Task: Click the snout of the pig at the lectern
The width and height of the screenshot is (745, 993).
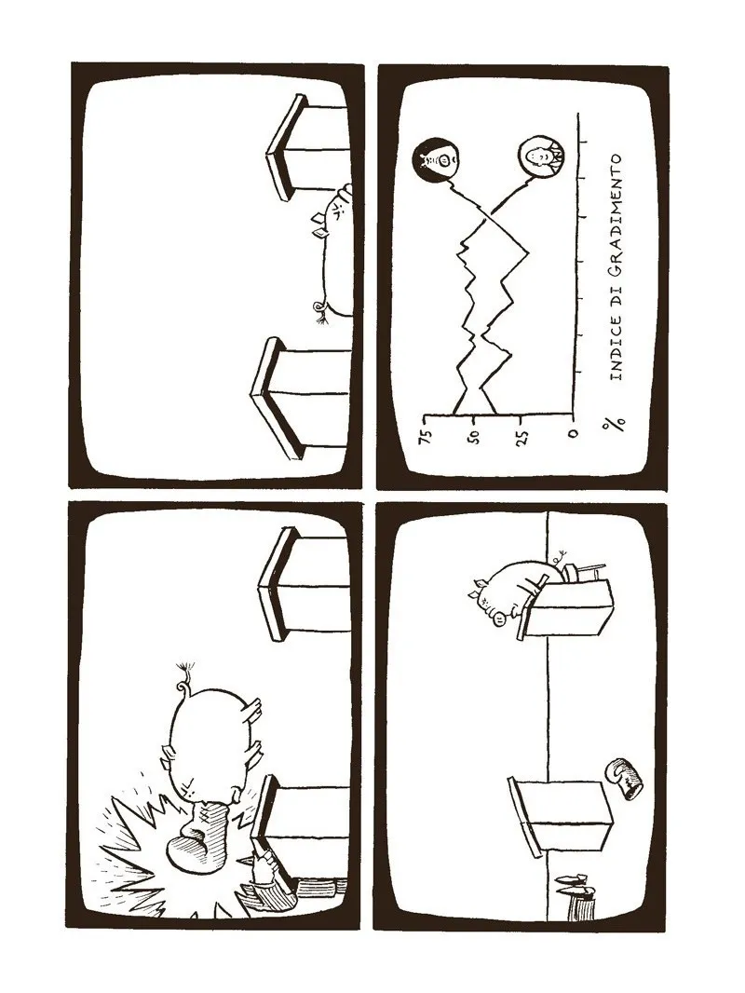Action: (x=500, y=619)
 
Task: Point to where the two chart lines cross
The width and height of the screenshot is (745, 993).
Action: (x=488, y=219)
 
